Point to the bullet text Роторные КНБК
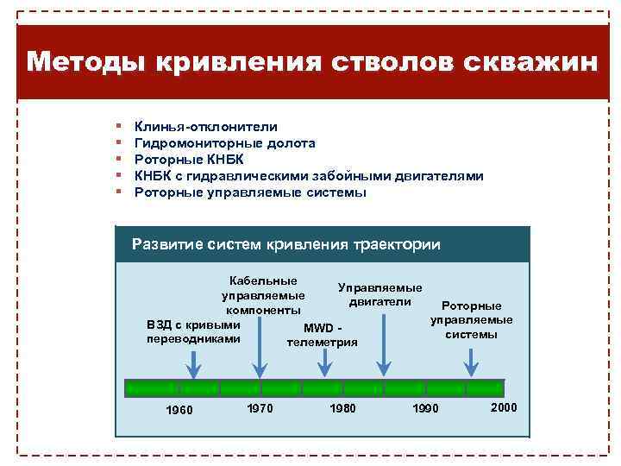pyautogui.click(x=189, y=160)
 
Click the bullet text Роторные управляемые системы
pyautogui.click(x=250, y=192)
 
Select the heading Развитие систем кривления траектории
pyautogui.click(x=285, y=244)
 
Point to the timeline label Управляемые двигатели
pyautogui.click(x=380, y=294)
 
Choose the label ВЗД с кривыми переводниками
pyautogui.click(x=194, y=332)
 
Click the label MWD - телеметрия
pyautogui.click(x=323, y=336)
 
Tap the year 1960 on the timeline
pyautogui.click(x=179, y=409)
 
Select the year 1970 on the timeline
pyautogui.click(x=260, y=407)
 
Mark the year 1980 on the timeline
pyautogui.click(x=342, y=407)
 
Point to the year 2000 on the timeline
pyautogui.click(x=504, y=406)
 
